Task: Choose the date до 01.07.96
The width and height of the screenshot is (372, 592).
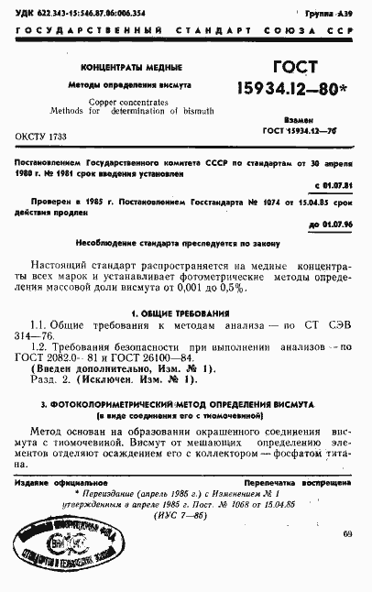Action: (330, 223)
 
